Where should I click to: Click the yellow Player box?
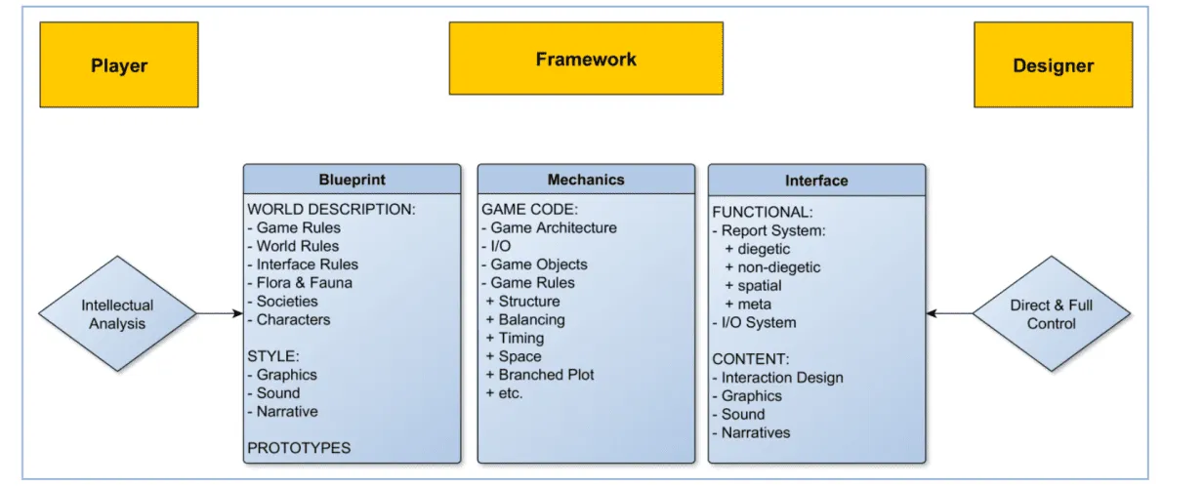coord(119,64)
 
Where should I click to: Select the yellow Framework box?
coord(586,58)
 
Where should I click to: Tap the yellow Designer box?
coord(1053,64)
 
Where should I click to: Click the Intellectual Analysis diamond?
coord(117,313)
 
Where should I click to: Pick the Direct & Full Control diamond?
coord(1052,313)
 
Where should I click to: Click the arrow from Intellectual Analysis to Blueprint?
coord(220,313)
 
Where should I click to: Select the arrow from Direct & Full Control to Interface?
coord(949,313)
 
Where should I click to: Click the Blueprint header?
coord(353,180)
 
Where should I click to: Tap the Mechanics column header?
coord(586,180)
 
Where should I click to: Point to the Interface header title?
coord(816,181)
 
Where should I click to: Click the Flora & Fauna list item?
coord(300,283)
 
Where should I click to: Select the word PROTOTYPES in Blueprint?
coord(299,448)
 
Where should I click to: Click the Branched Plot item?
coord(540,375)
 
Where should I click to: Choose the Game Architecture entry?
coord(549,227)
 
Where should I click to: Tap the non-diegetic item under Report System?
coord(772,267)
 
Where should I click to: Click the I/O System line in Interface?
coord(754,322)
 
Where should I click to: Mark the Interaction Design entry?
coord(777,378)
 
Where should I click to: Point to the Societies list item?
coord(282,301)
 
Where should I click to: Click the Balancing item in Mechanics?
coord(525,320)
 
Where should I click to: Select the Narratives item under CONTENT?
coord(751,432)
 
